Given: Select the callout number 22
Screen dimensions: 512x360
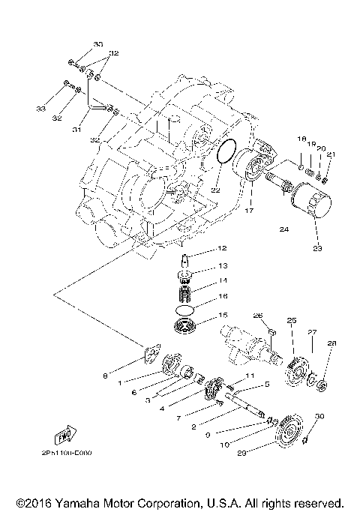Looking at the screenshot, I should [x=215, y=190].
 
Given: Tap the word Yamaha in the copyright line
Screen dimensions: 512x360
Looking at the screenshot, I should [x=85, y=502].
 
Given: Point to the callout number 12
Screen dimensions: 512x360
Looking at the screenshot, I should [x=222, y=248].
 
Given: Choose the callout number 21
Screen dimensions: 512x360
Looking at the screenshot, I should [x=331, y=154].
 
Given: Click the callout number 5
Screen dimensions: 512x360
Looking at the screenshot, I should [x=266, y=384].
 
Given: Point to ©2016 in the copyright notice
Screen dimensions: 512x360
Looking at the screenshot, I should [x=31, y=502].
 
